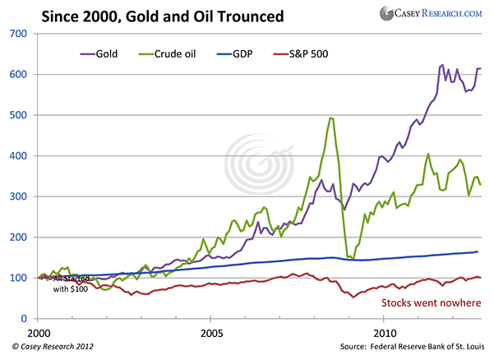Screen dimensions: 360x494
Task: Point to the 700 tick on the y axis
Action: [19, 34]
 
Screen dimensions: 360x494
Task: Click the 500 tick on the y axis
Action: [19, 115]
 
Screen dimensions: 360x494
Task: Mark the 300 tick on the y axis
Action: [19, 196]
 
